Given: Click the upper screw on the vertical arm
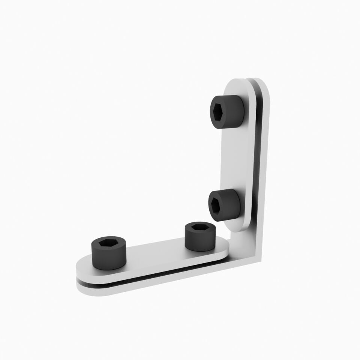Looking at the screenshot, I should coord(226,112).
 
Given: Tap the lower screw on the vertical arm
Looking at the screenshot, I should coord(224,205).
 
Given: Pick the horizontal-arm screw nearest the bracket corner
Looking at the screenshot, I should coord(200,236).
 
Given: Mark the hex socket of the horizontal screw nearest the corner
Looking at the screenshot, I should coord(200,228).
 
